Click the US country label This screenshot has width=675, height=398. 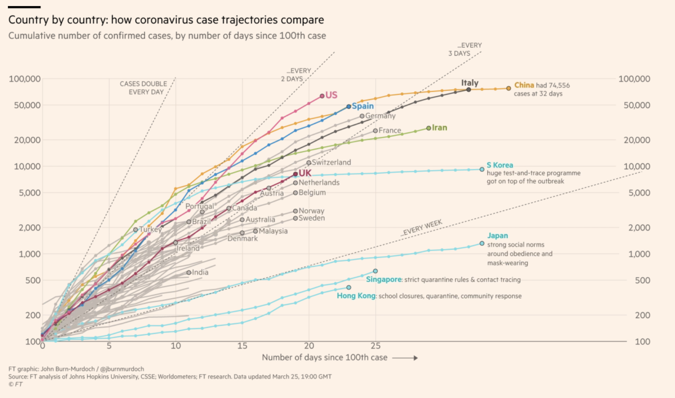tap(331, 95)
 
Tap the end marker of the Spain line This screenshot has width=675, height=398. tap(349, 106)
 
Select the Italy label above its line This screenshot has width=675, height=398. tap(469, 83)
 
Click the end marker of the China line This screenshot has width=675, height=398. tap(508, 88)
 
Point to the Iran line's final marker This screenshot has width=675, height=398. tap(429, 128)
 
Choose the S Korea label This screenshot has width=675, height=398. tap(499, 165)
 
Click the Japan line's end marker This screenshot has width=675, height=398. tap(482, 244)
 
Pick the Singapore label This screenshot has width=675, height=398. tap(384, 280)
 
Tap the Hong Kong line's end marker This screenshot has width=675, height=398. tap(349, 287)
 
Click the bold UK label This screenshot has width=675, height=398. tap(305, 173)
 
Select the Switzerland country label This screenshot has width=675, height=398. tap(331, 162)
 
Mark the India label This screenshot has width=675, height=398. tap(200, 272)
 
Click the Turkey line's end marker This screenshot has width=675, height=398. tap(136, 230)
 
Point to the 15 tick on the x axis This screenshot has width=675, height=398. tap(242, 346)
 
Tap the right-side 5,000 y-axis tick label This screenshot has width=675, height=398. tap(639, 193)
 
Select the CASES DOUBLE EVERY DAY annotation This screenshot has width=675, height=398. tap(144, 88)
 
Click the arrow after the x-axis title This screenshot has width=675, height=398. tap(405, 358)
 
